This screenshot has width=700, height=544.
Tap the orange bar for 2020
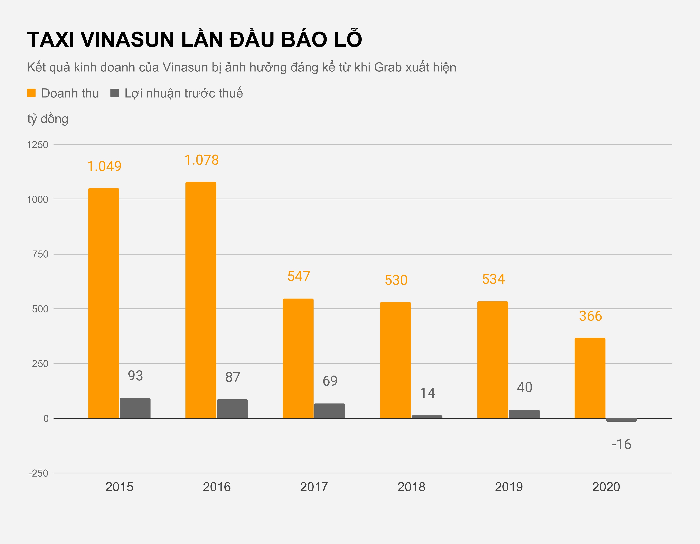590,378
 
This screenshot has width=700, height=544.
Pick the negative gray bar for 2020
621,420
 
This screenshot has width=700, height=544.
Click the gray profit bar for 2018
427,417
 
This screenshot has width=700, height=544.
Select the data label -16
621,444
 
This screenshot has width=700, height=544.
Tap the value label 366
590,316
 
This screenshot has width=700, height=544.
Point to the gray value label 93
135,376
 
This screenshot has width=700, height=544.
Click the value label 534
493,279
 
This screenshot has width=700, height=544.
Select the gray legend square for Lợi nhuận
114,93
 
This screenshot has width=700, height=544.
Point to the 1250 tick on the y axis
37,145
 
